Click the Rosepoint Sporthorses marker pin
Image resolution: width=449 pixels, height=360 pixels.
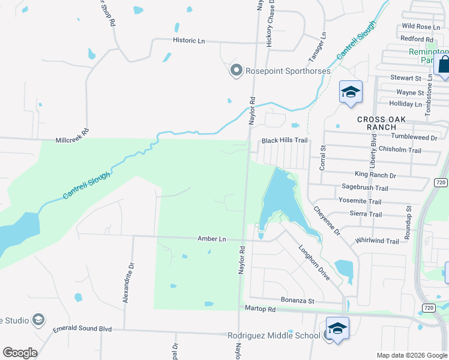click(x=236, y=71)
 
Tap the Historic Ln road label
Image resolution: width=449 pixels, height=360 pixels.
click(x=188, y=40)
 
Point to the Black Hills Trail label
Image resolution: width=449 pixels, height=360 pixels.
click(x=284, y=140)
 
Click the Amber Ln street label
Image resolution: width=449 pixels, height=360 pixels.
click(x=212, y=239)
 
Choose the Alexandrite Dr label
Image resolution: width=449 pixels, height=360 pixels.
click(x=127, y=282)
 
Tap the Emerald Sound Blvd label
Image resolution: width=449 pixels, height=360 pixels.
click(x=82, y=329)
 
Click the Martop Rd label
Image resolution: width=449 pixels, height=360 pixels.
click(x=260, y=309)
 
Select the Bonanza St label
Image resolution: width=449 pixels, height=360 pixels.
click(x=298, y=299)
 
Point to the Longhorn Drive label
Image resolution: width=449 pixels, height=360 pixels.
click(x=315, y=262)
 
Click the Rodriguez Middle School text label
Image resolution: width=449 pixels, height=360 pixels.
click(x=274, y=335)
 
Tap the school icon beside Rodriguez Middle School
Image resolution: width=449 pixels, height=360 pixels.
click(x=337, y=329)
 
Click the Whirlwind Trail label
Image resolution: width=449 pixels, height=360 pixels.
click(x=377, y=241)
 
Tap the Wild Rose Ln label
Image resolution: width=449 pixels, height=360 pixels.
click(x=417, y=26)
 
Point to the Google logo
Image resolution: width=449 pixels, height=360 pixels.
click(x=19, y=353)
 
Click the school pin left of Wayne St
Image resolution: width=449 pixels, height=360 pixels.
click(x=351, y=92)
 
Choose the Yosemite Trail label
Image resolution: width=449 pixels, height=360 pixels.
click(x=360, y=201)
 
